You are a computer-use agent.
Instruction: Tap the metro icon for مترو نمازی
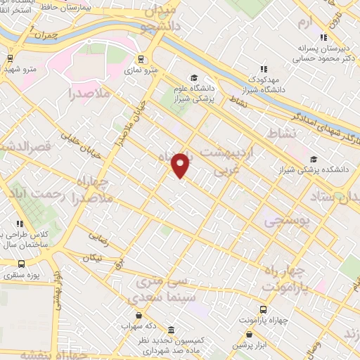[141, 60]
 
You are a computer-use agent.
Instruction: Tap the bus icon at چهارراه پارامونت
[263, 309]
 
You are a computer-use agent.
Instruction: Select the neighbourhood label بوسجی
[287, 222]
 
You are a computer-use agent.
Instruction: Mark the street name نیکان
[92, 258]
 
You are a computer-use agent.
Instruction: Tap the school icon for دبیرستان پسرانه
[323, 37]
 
